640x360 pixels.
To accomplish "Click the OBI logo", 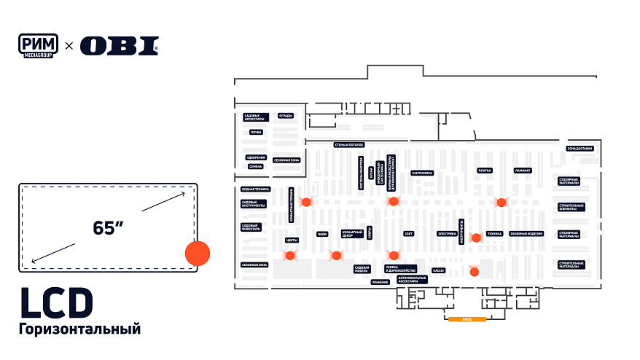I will pyautogui.click(x=119, y=46).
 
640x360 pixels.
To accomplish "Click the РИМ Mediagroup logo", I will pyautogui.click(x=39, y=45).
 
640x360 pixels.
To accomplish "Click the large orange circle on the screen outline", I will pyautogui.click(x=197, y=253).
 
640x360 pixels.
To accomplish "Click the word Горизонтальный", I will pyautogui.click(x=79, y=329).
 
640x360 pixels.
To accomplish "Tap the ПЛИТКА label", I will pyautogui.click(x=485, y=171).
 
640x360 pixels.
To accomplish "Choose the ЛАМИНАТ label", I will pyautogui.click(x=523, y=171).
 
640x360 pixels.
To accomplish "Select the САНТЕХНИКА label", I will pyautogui.click(x=422, y=173).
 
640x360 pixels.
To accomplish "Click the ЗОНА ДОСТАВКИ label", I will pyautogui.click(x=580, y=149).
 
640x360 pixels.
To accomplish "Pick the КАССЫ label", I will pyautogui.click(x=438, y=270).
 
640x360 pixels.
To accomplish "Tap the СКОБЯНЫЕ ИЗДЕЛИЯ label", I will pyautogui.click(x=526, y=233).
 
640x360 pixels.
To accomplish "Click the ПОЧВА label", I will pyautogui.click(x=256, y=132).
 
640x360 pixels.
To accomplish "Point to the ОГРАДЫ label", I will pyautogui.click(x=286, y=116).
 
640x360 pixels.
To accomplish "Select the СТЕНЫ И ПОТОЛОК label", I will pyautogui.click(x=348, y=144).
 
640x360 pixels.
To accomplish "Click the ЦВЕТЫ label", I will pyautogui.click(x=292, y=239).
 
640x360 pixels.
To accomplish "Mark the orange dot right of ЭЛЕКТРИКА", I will pyautogui.click(x=476, y=238).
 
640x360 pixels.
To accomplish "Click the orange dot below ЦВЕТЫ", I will pyautogui.click(x=290, y=256).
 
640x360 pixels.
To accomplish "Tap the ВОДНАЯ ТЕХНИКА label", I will pyautogui.click(x=255, y=189).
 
